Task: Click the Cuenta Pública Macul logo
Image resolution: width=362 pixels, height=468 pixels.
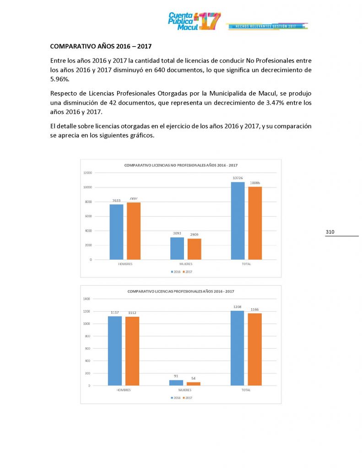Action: (194, 21)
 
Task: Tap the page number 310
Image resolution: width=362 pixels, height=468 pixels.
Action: (330, 232)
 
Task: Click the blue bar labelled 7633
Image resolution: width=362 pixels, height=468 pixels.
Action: (116, 232)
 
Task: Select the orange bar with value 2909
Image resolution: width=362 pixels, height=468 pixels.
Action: (194, 249)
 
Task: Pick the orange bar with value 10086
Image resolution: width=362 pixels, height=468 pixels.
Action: (255, 223)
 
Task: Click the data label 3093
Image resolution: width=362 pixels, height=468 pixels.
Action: (177, 234)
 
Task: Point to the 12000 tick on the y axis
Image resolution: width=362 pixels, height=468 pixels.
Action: (87, 173)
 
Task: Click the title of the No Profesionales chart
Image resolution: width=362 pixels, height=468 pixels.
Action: (181, 165)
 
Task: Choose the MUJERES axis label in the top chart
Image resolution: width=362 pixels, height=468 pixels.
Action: (185, 264)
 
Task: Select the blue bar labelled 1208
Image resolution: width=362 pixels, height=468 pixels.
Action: (237, 348)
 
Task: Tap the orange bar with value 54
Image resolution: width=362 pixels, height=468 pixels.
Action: (194, 383)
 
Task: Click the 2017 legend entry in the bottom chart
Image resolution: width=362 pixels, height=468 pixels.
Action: (187, 398)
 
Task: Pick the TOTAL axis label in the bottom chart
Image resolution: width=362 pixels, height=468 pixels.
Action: (246, 390)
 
